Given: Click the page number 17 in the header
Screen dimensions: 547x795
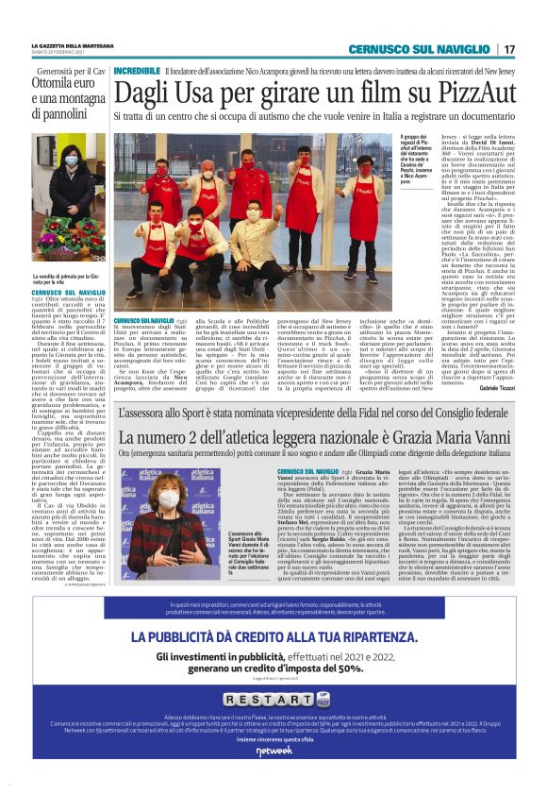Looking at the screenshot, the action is pyautogui.click(x=509, y=49).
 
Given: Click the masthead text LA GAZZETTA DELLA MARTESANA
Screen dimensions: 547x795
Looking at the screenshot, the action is pyautogui.click(x=75, y=45).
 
